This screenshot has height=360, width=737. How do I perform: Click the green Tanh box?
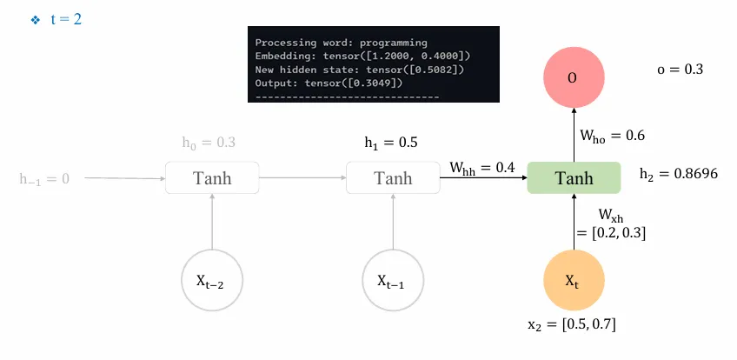click(574, 177)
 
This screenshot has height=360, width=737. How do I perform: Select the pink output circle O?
click(572, 77)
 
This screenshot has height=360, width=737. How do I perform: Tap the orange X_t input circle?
click(572, 280)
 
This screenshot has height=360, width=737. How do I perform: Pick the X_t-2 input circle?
click(212, 280)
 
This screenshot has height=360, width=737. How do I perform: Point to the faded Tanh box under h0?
click(212, 178)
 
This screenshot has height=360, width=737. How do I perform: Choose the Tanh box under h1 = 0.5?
click(393, 178)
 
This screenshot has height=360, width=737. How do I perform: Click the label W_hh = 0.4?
click(482, 166)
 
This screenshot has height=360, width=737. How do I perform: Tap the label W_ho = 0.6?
click(613, 136)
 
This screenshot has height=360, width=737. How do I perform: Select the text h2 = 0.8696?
click(678, 174)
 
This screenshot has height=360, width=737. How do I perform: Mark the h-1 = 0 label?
click(44, 179)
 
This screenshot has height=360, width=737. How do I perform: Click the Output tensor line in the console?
click(329, 83)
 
